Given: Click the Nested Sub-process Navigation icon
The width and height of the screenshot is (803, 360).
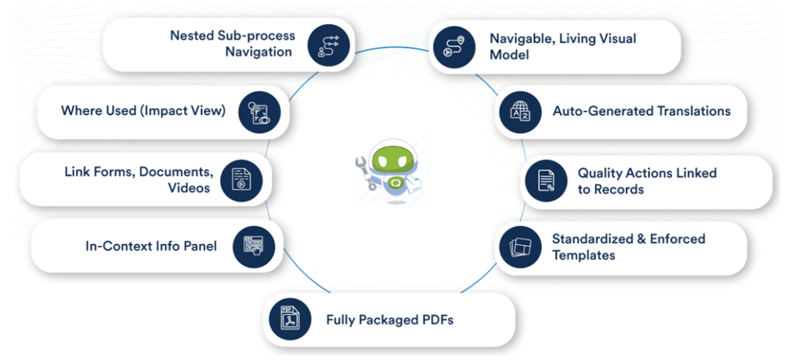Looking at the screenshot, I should tap(328, 45).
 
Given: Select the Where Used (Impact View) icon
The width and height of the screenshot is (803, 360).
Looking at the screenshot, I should tap(259, 111).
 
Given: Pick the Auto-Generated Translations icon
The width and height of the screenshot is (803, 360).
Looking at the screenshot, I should tap(519, 111).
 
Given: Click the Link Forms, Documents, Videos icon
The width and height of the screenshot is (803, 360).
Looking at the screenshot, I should tap(240, 179).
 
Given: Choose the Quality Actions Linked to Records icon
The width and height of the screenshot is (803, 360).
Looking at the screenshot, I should tap(546, 181).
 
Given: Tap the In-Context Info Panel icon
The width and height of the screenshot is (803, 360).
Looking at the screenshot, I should tap(254, 246).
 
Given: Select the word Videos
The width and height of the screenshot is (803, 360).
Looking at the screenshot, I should tap(189, 188).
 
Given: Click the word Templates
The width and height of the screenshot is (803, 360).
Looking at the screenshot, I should tap(583, 255).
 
